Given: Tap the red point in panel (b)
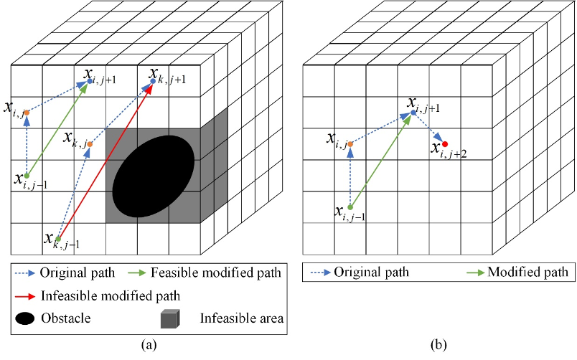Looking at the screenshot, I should [445, 144].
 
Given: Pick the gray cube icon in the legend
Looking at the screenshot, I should [171, 317].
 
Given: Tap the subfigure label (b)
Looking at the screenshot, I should [438, 346].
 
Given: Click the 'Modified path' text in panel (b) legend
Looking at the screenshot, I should [527, 273].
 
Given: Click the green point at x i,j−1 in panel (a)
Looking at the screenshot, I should [27, 176].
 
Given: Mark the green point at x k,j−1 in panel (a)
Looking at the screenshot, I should [57, 239].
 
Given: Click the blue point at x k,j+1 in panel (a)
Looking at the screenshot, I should [151, 82].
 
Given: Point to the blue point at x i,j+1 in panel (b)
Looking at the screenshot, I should [413, 113].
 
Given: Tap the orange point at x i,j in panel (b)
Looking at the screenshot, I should [350, 144].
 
